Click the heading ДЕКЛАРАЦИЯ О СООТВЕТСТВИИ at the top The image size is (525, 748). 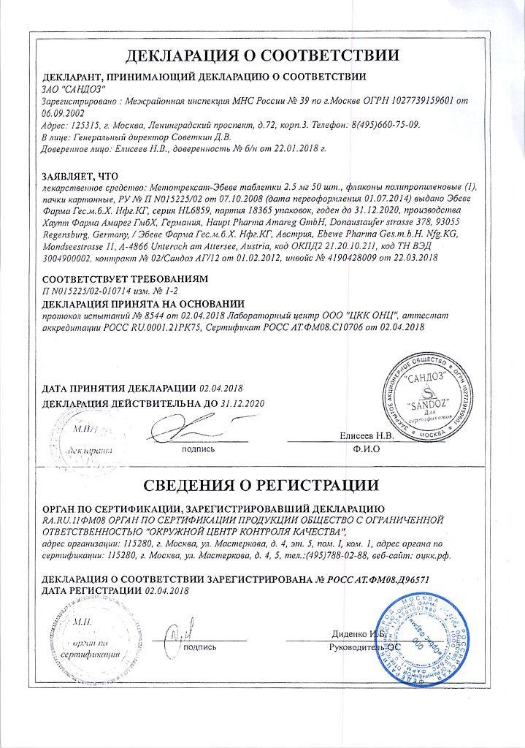click(262, 56)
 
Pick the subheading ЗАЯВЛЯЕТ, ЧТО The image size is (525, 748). click(81, 175)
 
